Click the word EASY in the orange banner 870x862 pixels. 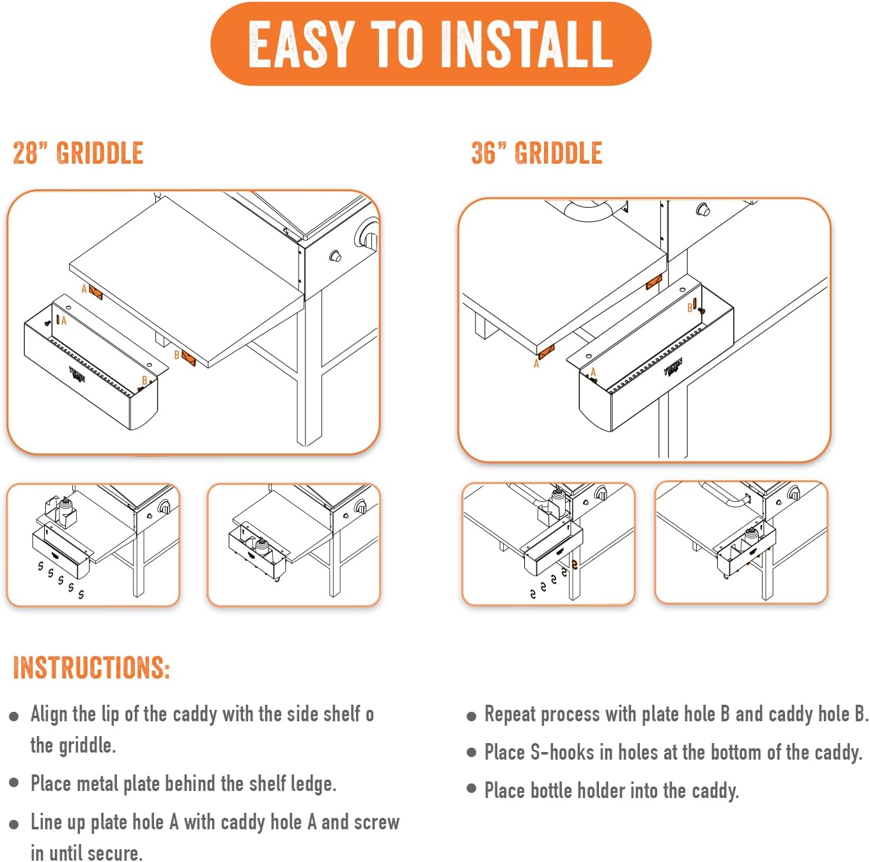[300, 44]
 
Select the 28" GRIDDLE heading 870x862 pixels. [78, 153]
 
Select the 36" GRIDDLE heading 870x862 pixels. [536, 153]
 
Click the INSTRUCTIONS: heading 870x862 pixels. [91, 667]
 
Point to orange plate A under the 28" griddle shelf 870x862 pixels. [96, 292]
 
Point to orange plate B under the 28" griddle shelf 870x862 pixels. [189, 358]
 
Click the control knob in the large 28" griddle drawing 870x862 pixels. [336, 256]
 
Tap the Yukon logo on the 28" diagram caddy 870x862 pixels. [77, 375]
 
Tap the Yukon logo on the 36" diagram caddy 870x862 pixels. [673, 367]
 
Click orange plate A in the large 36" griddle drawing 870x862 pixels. [547, 352]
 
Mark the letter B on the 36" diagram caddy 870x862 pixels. [689, 308]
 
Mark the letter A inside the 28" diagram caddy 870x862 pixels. [64, 320]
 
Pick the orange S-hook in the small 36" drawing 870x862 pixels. [574, 564]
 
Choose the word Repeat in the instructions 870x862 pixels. [509, 714]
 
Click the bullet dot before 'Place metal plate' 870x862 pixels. [14, 783]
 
